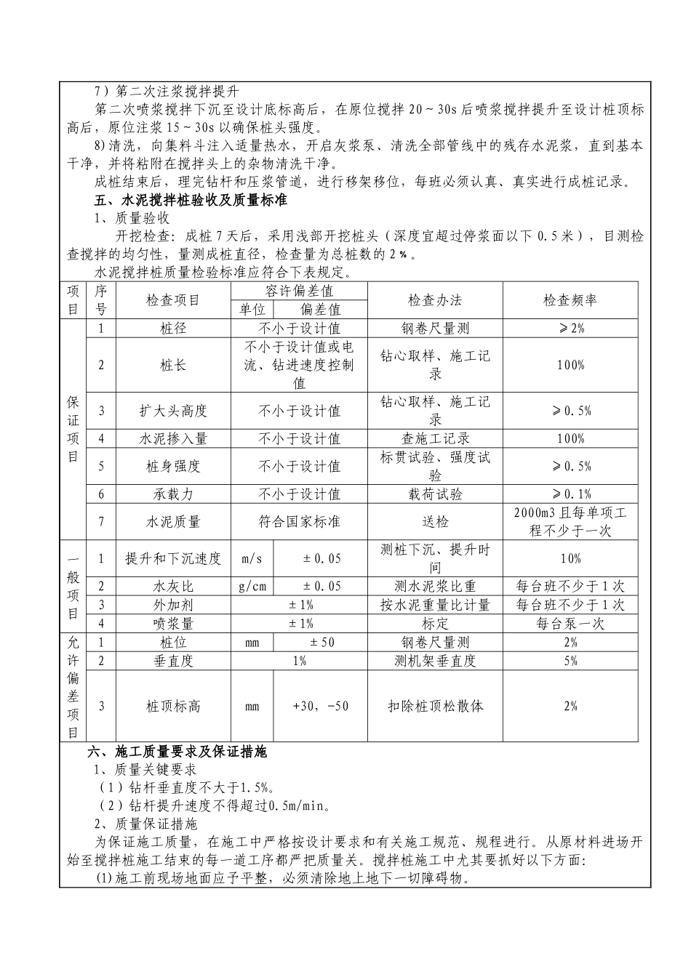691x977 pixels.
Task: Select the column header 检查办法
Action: (435, 300)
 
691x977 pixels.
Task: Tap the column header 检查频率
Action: (570, 300)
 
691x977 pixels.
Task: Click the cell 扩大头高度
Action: (173, 411)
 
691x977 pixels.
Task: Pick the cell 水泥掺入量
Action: (173, 438)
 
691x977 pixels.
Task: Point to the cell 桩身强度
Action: (173, 466)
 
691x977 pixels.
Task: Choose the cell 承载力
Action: (173, 494)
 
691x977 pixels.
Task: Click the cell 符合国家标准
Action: (299, 521)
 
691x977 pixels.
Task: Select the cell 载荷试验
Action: (435, 494)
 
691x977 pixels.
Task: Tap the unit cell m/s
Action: (252, 558)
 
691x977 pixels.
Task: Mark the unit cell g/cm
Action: (252, 586)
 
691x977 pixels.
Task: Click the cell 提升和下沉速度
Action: (173, 558)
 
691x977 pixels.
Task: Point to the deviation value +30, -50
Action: (320, 706)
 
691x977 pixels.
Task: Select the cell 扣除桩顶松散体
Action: (435, 706)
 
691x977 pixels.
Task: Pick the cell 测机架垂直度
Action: (435, 661)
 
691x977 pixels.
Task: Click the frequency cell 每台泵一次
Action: (570, 624)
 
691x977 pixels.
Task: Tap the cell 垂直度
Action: (173, 661)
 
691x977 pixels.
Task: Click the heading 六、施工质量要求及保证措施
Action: (177, 752)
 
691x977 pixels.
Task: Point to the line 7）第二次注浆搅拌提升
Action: (167, 92)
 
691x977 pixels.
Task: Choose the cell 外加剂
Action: (173, 605)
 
